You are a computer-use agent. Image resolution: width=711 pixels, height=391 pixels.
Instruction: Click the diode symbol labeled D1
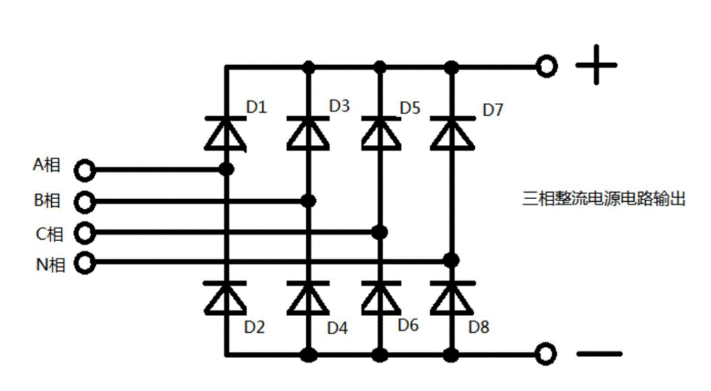tap(226, 133)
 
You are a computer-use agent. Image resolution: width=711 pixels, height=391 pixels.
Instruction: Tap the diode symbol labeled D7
tap(451, 133)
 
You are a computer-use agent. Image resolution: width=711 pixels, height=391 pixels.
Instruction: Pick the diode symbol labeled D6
tap(380, 298)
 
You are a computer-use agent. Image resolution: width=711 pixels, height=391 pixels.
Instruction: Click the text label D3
tap(340, 107)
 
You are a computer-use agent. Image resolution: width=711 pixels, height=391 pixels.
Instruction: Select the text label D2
tap(255, 327)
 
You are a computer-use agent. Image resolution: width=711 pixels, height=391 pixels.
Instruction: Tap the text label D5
tap(410, 109)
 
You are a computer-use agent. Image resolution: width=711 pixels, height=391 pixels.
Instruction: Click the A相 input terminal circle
tap(85, 170)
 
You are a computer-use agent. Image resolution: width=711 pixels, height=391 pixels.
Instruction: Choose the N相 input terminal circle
tap(85, 263)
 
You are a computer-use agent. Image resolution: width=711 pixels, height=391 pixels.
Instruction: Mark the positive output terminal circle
tap(546, 67)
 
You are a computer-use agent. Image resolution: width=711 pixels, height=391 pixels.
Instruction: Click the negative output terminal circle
tap(546, 353)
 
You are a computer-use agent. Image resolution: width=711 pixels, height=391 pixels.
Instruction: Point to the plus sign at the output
tap(596, 67)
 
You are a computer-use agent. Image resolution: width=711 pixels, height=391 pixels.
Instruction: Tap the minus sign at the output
tap(600, 353)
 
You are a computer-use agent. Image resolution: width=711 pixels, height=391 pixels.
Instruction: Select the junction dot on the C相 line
tap(380, 232)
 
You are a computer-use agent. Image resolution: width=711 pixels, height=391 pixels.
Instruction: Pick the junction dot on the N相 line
tap(452, 261)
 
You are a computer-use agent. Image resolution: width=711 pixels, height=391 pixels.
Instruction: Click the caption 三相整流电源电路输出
tap(603, 199)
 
